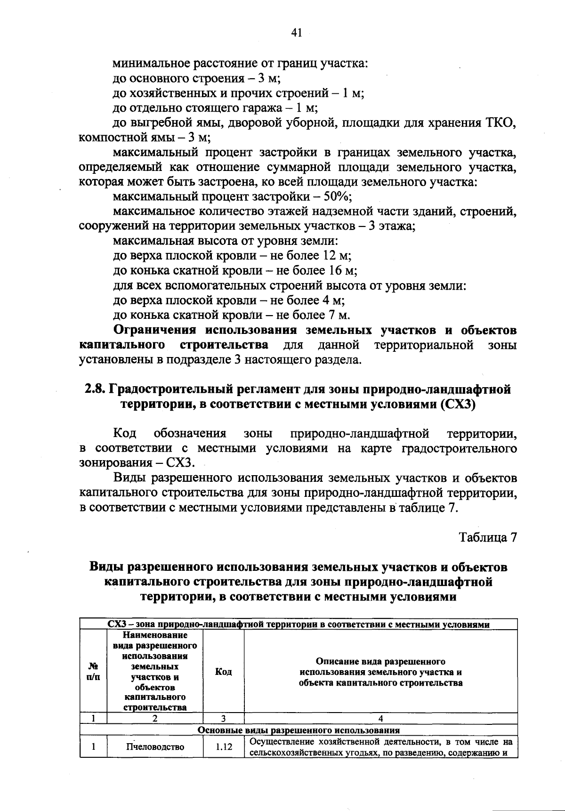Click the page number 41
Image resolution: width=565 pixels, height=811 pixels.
(296, 32)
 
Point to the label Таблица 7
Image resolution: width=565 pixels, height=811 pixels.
(488, 537)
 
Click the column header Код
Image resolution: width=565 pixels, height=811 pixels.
(223, 672)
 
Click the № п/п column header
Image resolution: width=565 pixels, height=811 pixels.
(94, 672)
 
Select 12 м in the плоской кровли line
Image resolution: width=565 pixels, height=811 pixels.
(337, 256)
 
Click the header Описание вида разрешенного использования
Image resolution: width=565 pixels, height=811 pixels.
(380, 672)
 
